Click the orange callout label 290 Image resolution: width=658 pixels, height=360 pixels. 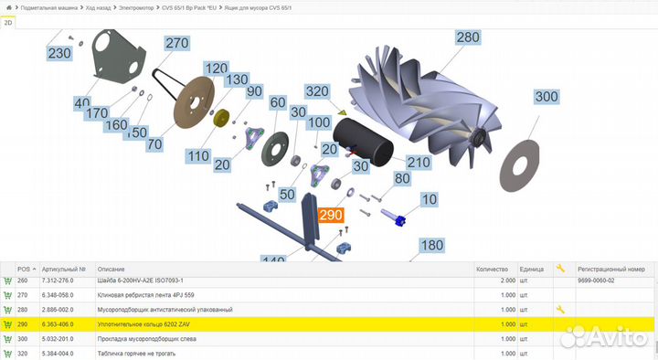330,216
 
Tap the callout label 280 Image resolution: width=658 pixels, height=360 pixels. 467,38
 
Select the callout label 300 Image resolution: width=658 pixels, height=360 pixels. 546,97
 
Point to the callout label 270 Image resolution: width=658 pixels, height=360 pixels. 176,43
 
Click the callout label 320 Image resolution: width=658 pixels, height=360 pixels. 317,91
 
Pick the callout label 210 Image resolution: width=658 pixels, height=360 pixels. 419,162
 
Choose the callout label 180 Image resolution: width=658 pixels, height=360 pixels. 431,245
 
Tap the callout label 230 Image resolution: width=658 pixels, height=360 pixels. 59,54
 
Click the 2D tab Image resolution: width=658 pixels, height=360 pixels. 9,24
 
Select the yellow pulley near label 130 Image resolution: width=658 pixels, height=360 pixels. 220,119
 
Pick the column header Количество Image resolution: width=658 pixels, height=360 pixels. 492,269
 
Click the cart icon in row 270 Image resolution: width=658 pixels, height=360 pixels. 8,294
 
